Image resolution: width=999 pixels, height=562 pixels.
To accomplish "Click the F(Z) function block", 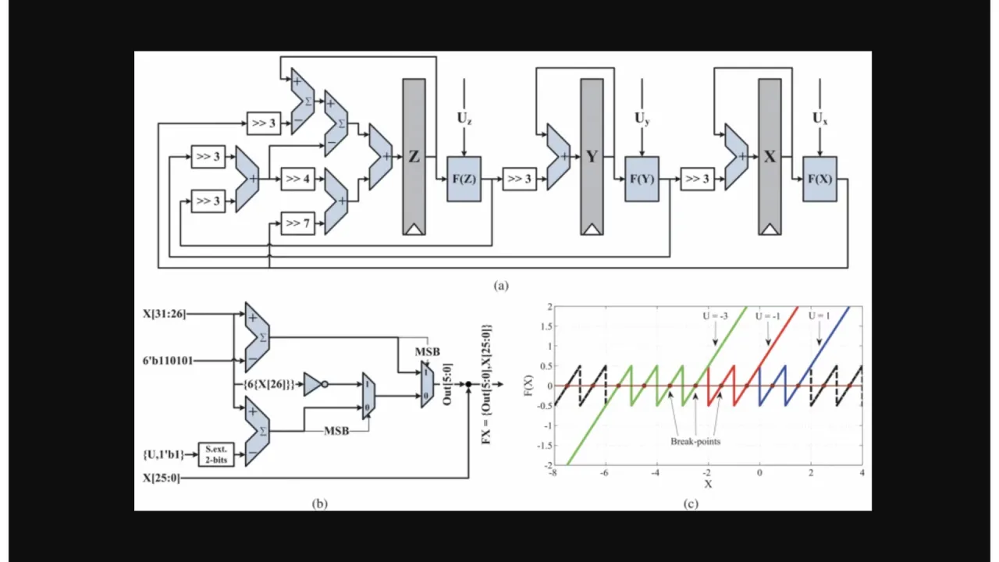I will [x=464, y=179].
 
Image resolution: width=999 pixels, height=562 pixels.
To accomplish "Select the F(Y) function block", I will [x=642, y=179].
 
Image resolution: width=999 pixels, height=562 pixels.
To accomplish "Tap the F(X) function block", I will [x=819, y=179].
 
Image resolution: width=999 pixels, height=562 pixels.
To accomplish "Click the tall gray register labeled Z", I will [x=414, y=156].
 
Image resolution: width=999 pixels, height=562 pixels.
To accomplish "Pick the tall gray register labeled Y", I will [x=592, y=156].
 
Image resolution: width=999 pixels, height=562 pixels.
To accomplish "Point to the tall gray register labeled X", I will [x=770, y=156].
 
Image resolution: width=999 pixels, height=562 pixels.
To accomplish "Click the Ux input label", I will [x=820, y=119].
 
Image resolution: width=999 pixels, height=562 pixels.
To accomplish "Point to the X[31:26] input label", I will [x=163, y=315].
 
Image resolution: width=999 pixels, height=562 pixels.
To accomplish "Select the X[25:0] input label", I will [x=161, y=478].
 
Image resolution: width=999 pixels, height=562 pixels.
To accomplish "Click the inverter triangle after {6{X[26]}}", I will [x=312, y=383].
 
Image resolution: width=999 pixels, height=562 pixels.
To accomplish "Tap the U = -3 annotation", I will [x=714, y=316].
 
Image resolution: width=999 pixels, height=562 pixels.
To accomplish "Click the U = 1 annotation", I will [x=819, y=316].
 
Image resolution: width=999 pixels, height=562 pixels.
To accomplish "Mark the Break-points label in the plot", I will [x=695, y=441].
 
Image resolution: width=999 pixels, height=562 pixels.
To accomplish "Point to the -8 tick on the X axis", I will [x=553, y=473].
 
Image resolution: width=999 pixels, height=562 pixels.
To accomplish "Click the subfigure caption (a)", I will [x=501, y=286].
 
